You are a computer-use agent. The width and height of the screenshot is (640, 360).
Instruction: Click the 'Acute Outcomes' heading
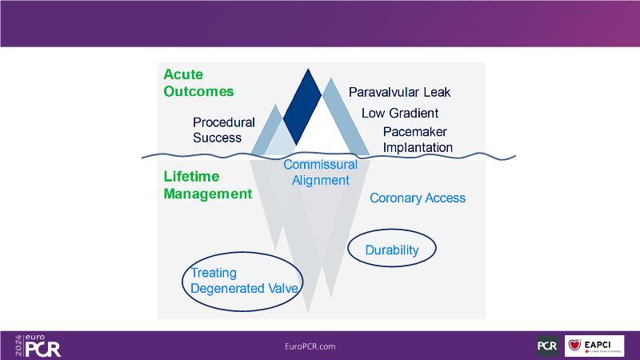(x=198, y=82)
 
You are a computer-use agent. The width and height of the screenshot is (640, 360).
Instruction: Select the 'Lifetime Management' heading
(x=207, y=185)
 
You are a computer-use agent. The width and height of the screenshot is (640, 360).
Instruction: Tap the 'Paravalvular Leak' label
(x=400, y=92)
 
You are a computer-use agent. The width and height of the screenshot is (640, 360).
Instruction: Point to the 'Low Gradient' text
(x=399, y=113)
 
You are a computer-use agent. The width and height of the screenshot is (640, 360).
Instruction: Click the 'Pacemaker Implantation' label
(x=417, y=139)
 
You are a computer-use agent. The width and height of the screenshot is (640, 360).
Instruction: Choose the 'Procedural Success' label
(x=223, y=130)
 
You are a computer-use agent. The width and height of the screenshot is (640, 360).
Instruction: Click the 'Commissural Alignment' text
(x=320, y=172)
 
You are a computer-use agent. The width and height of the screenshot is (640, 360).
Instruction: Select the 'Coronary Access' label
(x=417, y=198)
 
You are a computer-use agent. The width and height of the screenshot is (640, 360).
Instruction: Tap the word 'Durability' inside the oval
(x=392, y=250)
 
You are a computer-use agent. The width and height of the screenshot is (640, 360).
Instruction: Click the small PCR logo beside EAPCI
(x=547, y=346)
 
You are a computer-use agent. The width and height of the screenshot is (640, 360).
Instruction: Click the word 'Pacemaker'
(x=414, y=131)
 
